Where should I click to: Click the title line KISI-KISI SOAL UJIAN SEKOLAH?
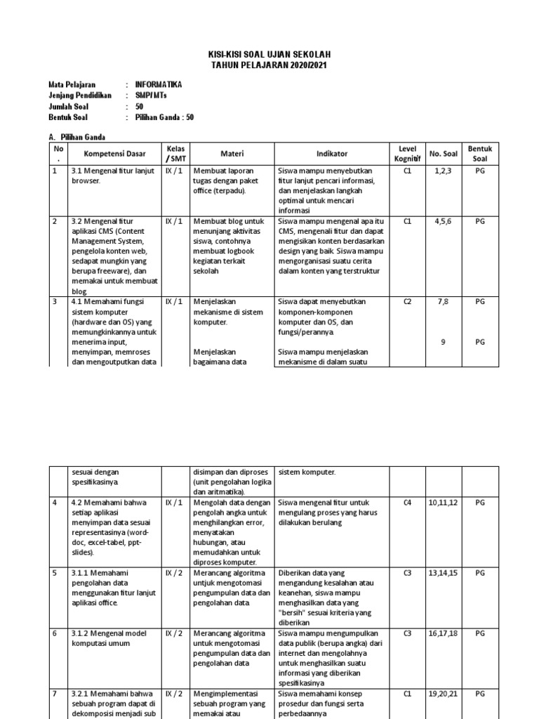(270, 55)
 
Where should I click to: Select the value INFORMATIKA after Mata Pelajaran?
(158, 84)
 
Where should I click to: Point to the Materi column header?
(232, 154)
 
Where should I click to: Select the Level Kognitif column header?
(407, 154)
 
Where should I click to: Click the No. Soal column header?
(443, 154)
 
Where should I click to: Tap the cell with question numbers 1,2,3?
(443, 171)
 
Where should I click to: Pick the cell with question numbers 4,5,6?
(443, 221)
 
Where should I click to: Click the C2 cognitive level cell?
(407, 302)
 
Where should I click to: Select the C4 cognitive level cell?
(407, 503)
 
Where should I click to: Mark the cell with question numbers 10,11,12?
(443, 503)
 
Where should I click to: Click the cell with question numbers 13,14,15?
(443, 573)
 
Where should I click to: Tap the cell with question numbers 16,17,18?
(443, 633)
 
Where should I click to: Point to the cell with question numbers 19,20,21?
(443, 694)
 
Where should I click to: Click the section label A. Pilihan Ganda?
(77, 137)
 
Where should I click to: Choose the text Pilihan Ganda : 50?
(165, 117)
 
